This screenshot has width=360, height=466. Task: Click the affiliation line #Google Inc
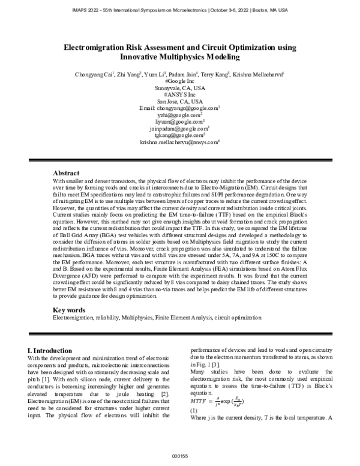click(x=179, y=81)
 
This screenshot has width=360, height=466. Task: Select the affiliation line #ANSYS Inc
click(x=180, y=95)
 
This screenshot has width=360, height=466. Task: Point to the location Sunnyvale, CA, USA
click(x=180, y=88)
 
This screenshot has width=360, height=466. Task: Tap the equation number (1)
click(x=194, y=410)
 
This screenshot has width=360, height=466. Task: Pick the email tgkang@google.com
click(x=180, y=135)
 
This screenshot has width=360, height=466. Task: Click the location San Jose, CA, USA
click(x=180, y=101)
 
